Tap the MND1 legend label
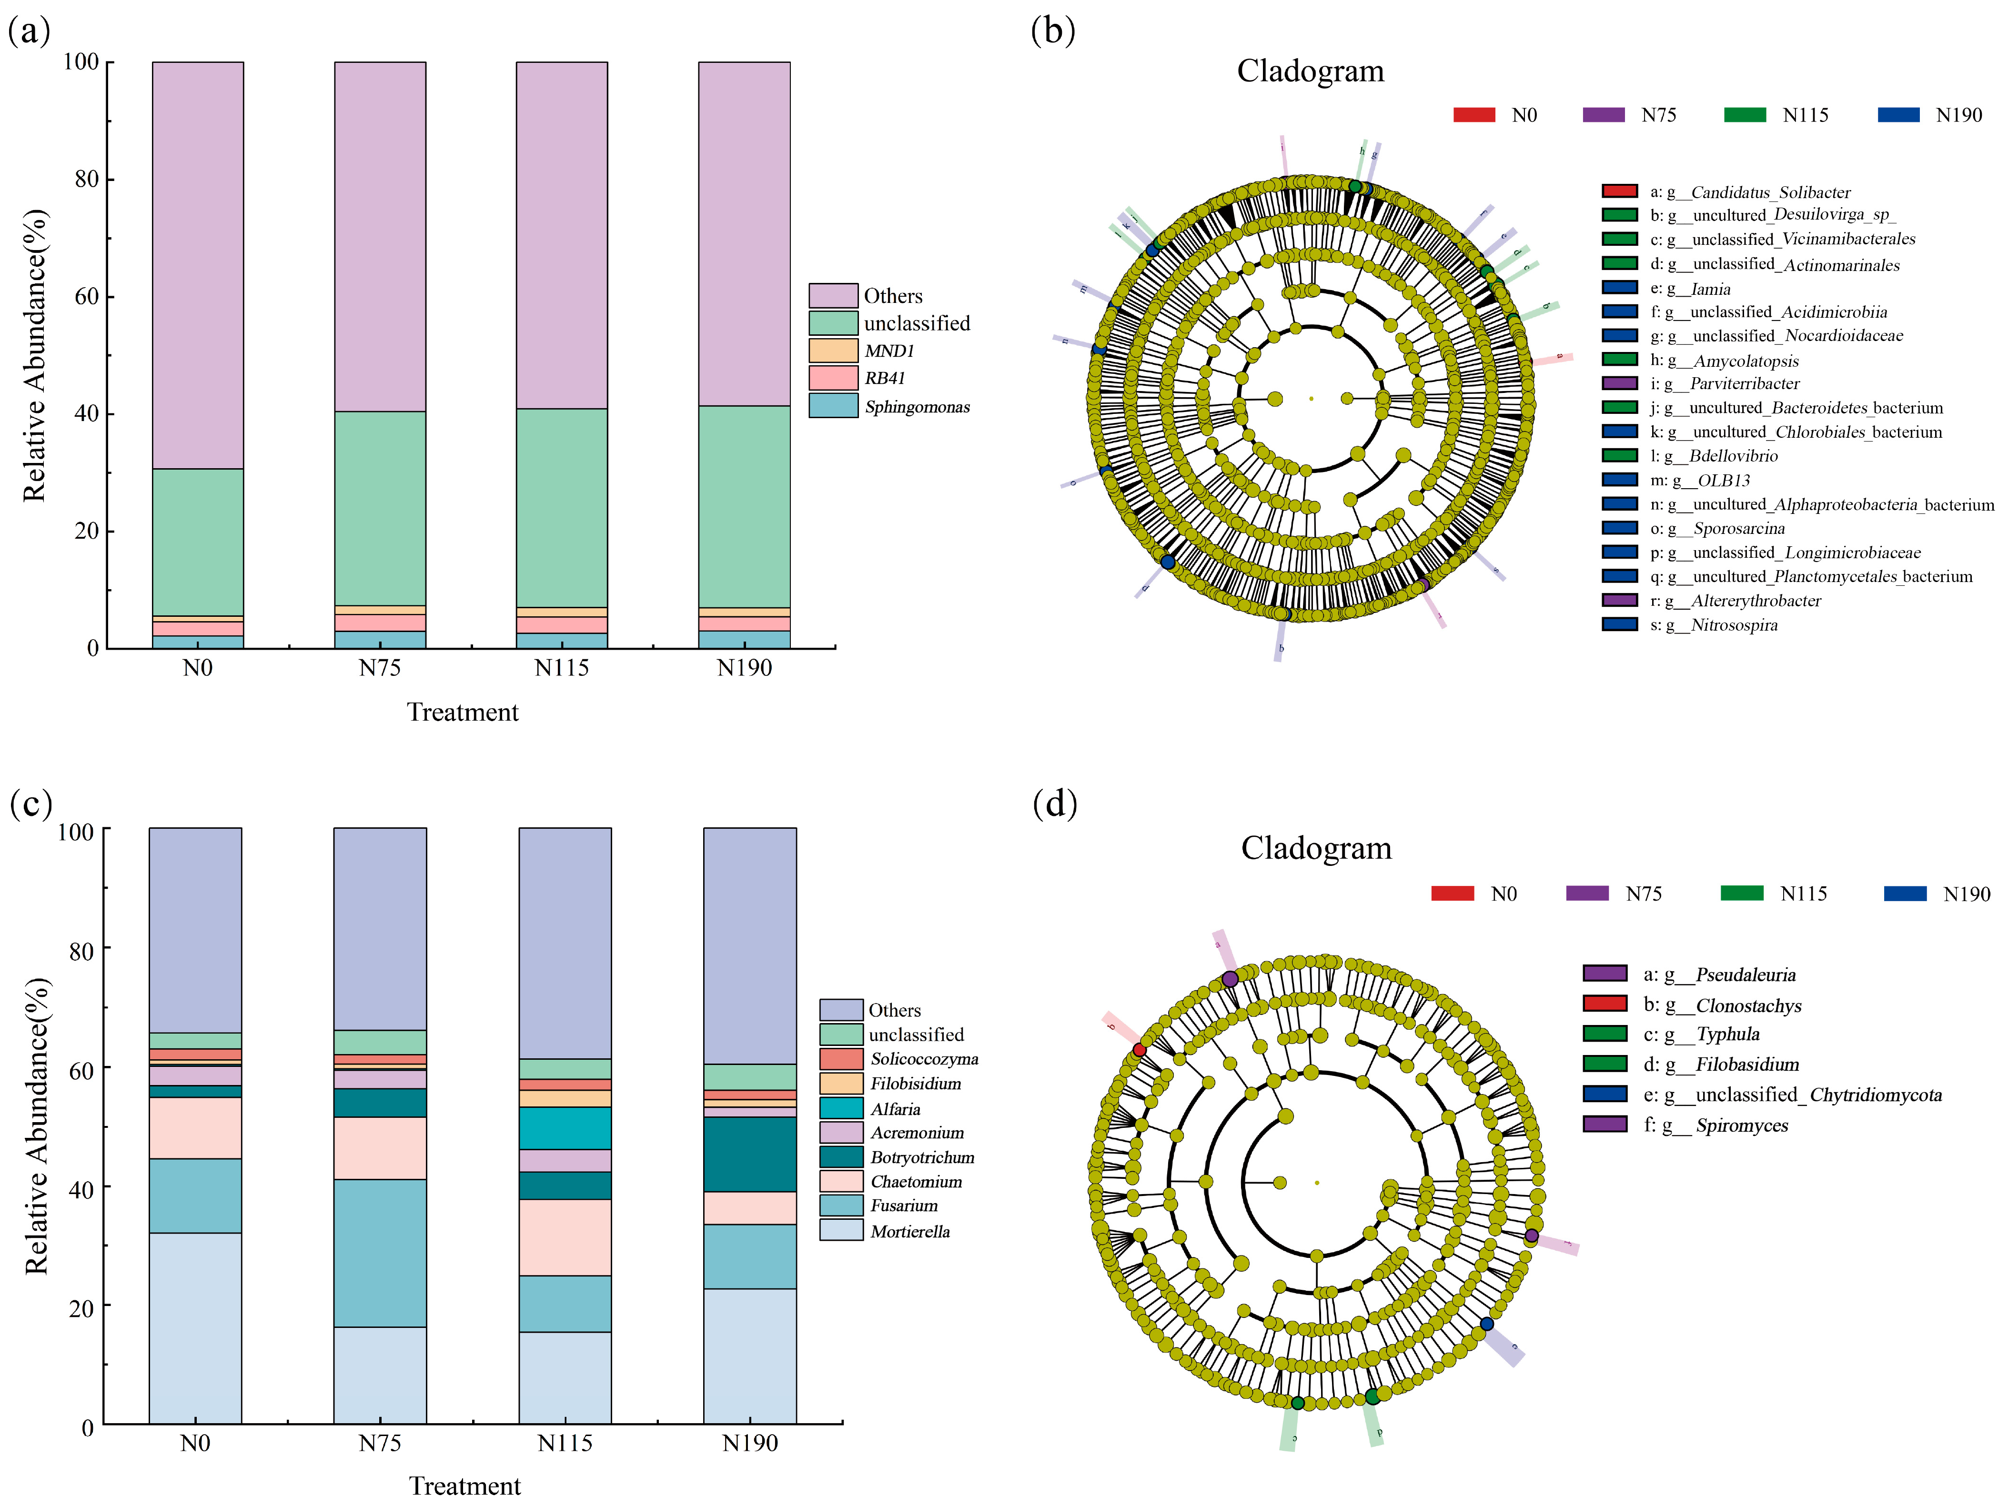[x=889, y=351]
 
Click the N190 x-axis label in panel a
[x=744, y=668]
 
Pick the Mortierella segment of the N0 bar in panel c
[x=195, y=1327]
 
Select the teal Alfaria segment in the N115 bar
[x=565, y=1128]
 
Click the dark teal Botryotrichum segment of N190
[x=750, y=1154]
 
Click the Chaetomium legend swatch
[x=841, y=1181]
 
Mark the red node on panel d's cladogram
[x=1139, y=1050]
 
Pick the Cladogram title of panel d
[x=1316, y=848]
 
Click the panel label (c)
[x=30, y=803]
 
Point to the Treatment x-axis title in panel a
[x=463, y=713]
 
